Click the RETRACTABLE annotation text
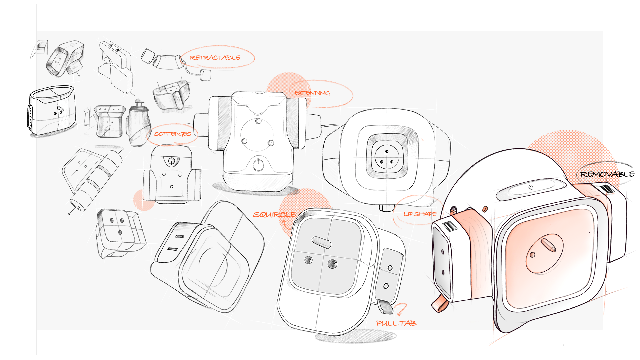point(215,58)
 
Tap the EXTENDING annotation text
point(312,93)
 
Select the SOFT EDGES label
point(172,134)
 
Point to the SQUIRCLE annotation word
point(274,215)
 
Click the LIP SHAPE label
point(420,214)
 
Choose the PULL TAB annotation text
point(396,323)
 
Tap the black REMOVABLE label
point(607,174)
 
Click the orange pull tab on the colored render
point(439,303)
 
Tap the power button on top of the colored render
point(531,187)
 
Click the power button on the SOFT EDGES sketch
point(172,162)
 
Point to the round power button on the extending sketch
point(258,164)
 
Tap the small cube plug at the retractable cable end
point(205,75)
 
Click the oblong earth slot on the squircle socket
point(321,242)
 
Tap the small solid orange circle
point(144,200)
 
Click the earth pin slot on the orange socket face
point(548,245)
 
